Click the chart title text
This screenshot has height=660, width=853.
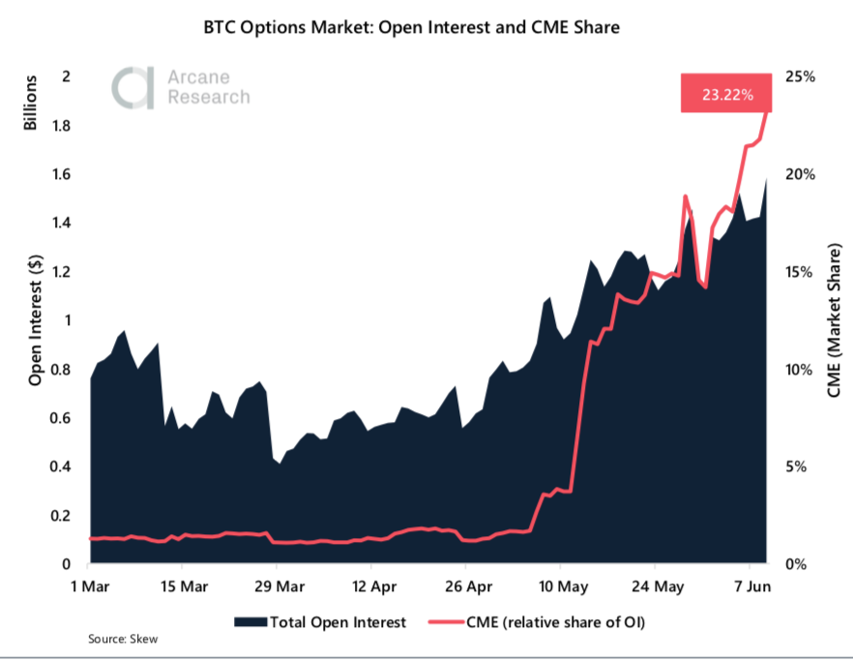[x=426, y=28]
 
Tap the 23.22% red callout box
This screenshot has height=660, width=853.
[x=725, y=95]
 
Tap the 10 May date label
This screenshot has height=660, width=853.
[x=561, y=586]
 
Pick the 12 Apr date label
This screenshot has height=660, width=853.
[x=373, y=586]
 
